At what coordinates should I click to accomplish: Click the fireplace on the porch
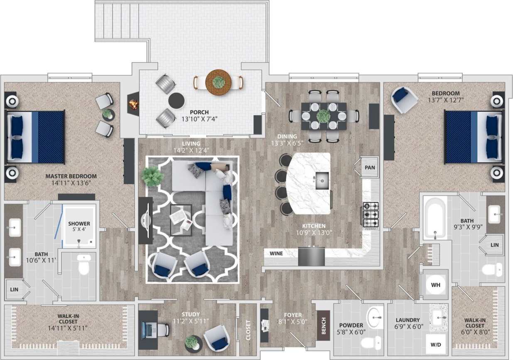point(133,104)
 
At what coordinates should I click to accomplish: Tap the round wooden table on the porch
point(218,82)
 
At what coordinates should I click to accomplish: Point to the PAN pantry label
point(369,168)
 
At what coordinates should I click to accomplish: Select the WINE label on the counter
point(277,253)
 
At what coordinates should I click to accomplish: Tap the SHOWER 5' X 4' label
point(79,227)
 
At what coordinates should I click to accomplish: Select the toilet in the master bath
point(84,265)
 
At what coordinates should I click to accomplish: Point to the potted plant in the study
point(192,342)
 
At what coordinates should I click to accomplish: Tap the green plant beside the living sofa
point(152,176)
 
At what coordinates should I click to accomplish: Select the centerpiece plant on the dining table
point(324,115)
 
